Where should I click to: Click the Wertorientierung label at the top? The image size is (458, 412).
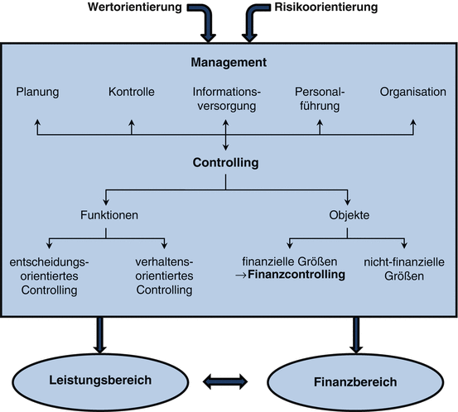(136, 7)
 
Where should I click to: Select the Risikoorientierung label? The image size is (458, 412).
(324, 7)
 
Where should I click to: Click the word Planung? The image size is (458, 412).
(37, 91)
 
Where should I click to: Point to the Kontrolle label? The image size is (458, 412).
(132, 91)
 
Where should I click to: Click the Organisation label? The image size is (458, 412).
(412, 91)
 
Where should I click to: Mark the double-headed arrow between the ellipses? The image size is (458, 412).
(226, 381)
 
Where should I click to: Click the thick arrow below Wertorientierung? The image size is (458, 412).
(205, 25)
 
